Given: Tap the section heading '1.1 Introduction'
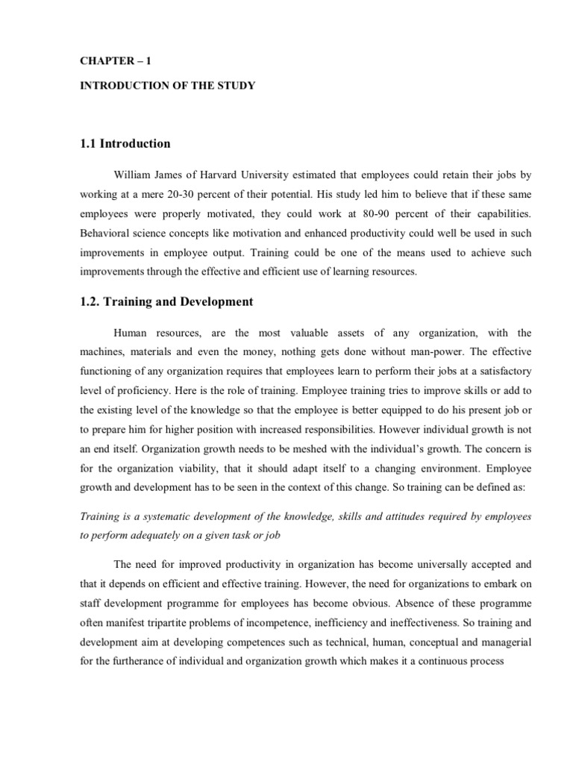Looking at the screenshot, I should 126,143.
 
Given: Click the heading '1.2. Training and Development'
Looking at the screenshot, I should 167,301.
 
